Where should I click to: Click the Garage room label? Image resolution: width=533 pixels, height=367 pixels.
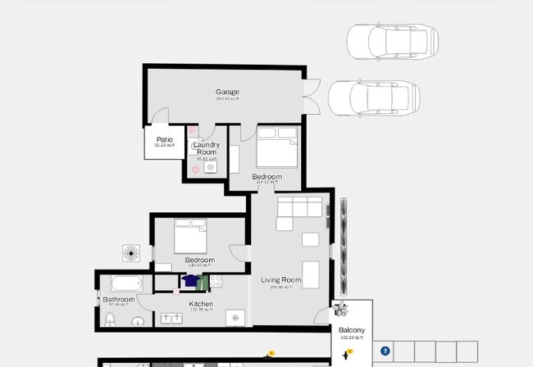(x=227, y=92)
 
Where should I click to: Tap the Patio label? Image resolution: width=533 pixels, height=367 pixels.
(x=165, y=140)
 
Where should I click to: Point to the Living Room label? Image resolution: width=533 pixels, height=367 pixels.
(x=281, y=280)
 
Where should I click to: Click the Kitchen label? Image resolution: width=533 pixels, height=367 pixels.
(x=201, y=304)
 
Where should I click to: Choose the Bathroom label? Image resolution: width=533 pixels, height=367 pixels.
(x=119, y=300)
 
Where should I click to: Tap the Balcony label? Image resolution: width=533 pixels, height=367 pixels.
(x=351, y=330)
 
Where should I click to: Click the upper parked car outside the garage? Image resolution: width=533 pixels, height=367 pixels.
(x=392, y=41)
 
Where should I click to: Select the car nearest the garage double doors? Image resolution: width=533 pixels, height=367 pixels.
(x=374, y=97)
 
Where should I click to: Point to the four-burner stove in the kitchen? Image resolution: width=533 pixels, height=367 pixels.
(x=216, y=282)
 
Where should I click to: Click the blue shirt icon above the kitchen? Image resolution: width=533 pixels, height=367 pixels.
(x=191, y=281)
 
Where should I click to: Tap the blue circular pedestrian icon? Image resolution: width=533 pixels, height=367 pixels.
(x=385, y=351)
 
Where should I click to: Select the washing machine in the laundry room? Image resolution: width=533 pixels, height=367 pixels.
(x=211, y=167)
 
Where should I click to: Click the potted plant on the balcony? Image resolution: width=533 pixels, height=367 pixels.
(x=342, y=310)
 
